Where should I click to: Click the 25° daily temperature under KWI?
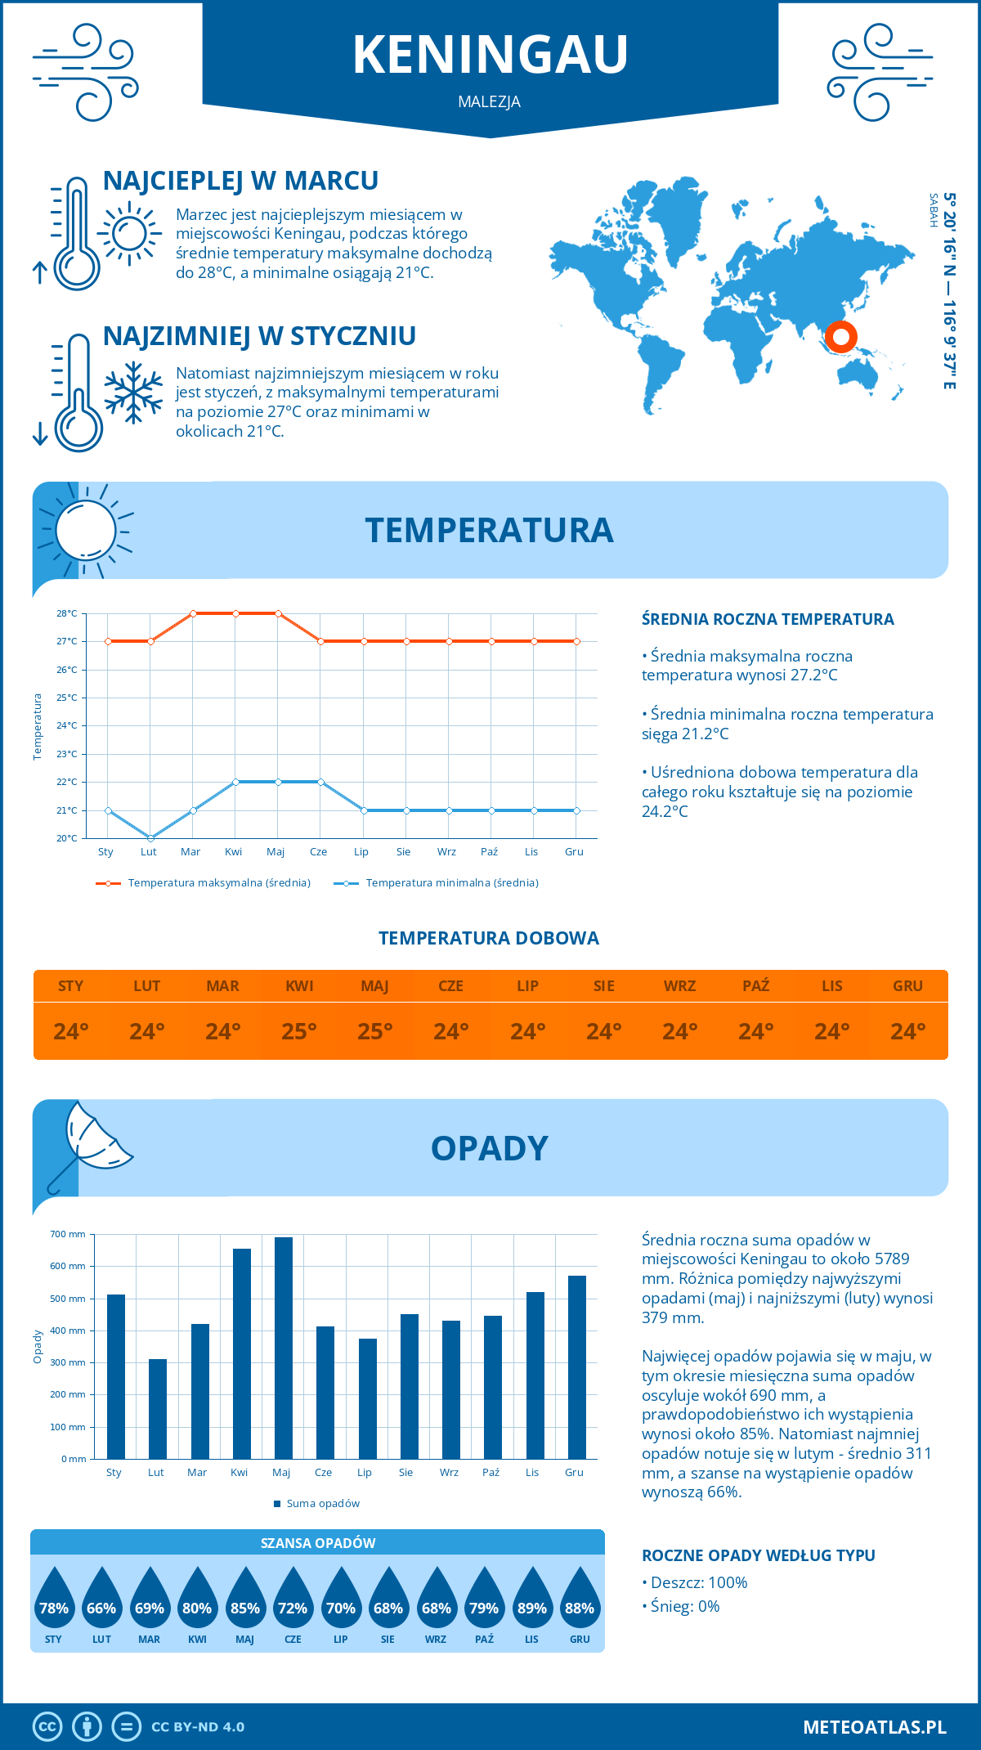[299, 1031]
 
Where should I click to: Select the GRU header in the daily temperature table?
[907, 986]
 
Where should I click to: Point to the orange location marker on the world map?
[840, 336]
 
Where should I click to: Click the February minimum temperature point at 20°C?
[150, 838]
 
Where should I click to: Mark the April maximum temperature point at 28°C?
[235, 613]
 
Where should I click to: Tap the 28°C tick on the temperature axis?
[67, 613]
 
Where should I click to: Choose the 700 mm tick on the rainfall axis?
[68, 1234]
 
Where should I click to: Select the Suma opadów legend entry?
[322, 1504]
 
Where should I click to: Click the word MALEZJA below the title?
[489, 102]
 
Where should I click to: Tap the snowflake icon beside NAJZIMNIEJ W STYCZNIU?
[133, 393]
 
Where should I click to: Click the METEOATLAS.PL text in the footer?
[874, 1727]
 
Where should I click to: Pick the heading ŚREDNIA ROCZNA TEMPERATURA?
[768, 620]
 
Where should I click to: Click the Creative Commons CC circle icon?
[47, 1727]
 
